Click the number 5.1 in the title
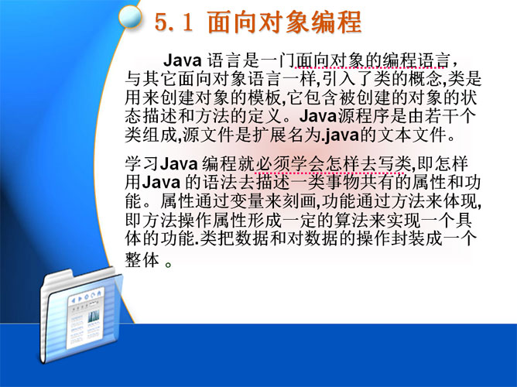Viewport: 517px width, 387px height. (173, 22)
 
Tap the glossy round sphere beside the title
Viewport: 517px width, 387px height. (130, 17)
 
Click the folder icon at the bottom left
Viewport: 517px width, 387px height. (81, 315)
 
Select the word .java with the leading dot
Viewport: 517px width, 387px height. (341, 135)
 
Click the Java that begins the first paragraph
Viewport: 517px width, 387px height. (183, 60)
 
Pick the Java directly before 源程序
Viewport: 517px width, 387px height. (318, 116)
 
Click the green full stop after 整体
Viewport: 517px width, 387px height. (168, 265)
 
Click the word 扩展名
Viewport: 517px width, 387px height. (278, 135)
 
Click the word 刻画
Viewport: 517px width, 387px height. (298, 201)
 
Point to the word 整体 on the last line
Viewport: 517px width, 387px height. (142, 260)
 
